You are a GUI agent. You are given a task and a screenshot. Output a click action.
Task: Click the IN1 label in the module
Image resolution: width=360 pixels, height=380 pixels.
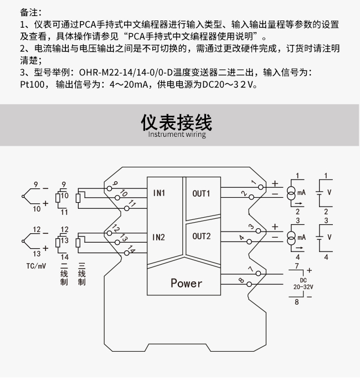pyautogui.click(x=159, y=193)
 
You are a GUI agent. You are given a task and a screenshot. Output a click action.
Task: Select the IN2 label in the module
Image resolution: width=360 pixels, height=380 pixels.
pyautogui.click(x=159, y=237)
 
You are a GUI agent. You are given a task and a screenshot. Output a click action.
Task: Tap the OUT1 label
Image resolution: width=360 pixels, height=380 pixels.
pyautogui.click(x=201, y=194)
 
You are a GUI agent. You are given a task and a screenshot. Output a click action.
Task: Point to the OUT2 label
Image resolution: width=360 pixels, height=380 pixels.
pyautogui.click(x=202, y=237)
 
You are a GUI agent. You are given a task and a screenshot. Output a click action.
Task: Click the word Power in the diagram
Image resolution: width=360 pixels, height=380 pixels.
pyautogui.click(x=186, y=283)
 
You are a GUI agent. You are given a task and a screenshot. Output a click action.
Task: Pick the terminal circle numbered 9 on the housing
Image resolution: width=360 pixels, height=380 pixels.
pyautogui.click(x=110, y=188)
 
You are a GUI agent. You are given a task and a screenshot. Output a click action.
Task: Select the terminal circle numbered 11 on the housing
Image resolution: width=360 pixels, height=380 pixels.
pyautogui.click(x=127, y=208)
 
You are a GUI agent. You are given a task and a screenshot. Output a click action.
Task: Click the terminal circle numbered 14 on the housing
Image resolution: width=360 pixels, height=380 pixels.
pyautogui.click(x=126, y=253)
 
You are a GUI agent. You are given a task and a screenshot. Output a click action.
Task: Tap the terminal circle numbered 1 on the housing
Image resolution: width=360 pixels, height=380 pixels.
pyautogui.click(x=261, y=187)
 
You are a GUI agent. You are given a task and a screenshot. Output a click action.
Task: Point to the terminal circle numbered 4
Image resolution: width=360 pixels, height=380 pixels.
pyautogui.click(x=249, y=242)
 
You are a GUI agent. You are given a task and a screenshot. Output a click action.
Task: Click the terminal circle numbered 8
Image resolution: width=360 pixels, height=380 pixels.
pyautogui.click(x=249, y=284)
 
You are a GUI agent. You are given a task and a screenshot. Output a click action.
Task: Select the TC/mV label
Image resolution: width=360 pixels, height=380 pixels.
pyautogui.click(x=36, y=266)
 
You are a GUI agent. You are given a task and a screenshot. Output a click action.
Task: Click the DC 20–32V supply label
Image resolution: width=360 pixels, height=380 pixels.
pyautogui.click(x=304, y=284)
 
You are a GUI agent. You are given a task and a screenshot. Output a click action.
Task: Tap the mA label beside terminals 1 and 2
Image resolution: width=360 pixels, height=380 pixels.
pyautogui.click(x=302, y=193)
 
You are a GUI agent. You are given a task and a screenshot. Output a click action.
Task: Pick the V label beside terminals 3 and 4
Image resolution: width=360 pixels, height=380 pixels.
pyautogui.click(x=329, y=237)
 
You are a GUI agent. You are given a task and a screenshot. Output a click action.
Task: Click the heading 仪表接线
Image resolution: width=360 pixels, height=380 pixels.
pyautogui.click(x=177, y=122)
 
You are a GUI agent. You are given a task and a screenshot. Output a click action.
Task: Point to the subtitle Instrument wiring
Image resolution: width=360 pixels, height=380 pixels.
pyautogui.click(x=177, y=134)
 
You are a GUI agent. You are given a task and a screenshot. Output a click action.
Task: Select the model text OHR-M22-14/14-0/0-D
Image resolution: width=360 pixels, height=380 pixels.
pyautogui.click(x=126, y=73)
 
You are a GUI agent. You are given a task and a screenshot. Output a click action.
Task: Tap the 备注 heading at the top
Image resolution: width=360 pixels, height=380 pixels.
pyautogui.click(x=29, y=12)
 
